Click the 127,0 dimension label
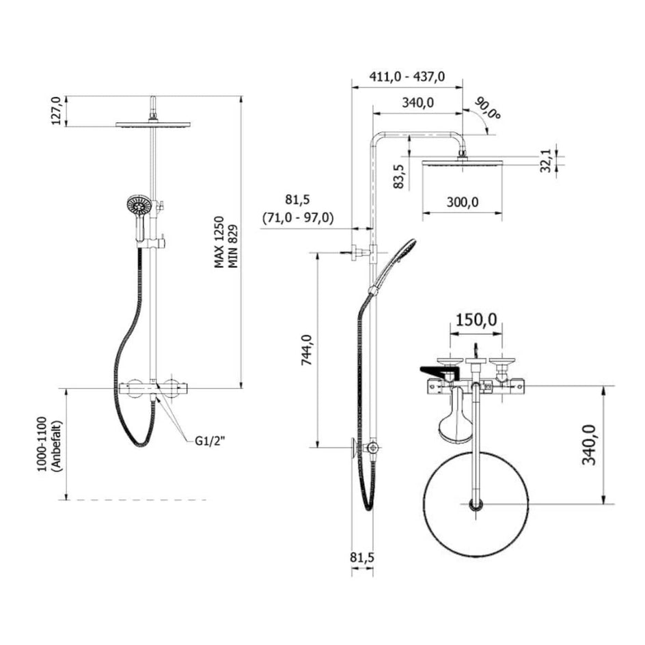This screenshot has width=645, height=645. click(56, 111)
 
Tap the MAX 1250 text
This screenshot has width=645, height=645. click(219, 243)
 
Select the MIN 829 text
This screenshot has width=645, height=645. click(233, 246)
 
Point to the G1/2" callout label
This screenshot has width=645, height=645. click(210, 441)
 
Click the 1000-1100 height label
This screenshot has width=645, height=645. click(43, 445)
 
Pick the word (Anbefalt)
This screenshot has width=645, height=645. click(57, 445)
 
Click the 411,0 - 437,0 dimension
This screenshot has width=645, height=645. click(407, 77)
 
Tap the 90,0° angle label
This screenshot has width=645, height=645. click(488, 108)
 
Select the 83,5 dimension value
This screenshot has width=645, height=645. click(398, 176)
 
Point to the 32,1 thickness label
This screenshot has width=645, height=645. click(545, 161)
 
